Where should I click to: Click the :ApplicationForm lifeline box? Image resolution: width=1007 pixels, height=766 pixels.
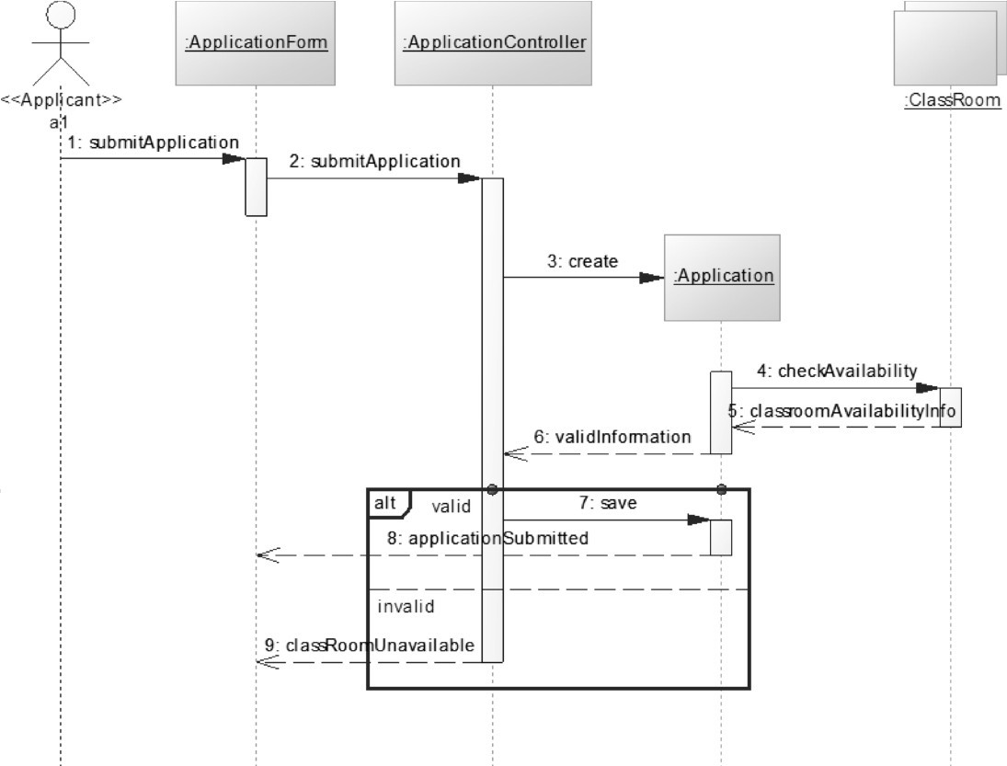[x=256, y=42]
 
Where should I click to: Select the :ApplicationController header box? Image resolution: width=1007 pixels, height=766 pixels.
[x=494, y=42]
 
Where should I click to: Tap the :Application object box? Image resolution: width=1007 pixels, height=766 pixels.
[x=722, y=276]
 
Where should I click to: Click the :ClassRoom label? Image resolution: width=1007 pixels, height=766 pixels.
[x=952, y=100]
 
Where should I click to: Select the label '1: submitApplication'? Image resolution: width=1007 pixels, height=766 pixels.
[x=153, y=143]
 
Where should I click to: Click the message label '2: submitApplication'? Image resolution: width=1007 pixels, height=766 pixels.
[x=374, y=162]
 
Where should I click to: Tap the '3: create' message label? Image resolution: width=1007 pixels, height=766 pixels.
[x=583, y=261]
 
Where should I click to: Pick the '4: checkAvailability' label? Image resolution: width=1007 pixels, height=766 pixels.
[x=837, y=372]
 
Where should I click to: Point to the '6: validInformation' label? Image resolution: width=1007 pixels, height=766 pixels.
[x=612, y=438]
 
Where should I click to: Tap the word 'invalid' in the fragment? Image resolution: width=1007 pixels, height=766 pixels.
[x=406, y=607]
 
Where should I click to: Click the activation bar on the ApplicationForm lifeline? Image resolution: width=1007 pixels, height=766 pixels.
[x=256, y=186]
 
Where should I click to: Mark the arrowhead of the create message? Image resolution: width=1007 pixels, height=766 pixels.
[x=652, y=277]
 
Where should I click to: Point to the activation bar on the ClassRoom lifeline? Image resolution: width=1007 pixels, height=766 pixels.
[x=951, y=407]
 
